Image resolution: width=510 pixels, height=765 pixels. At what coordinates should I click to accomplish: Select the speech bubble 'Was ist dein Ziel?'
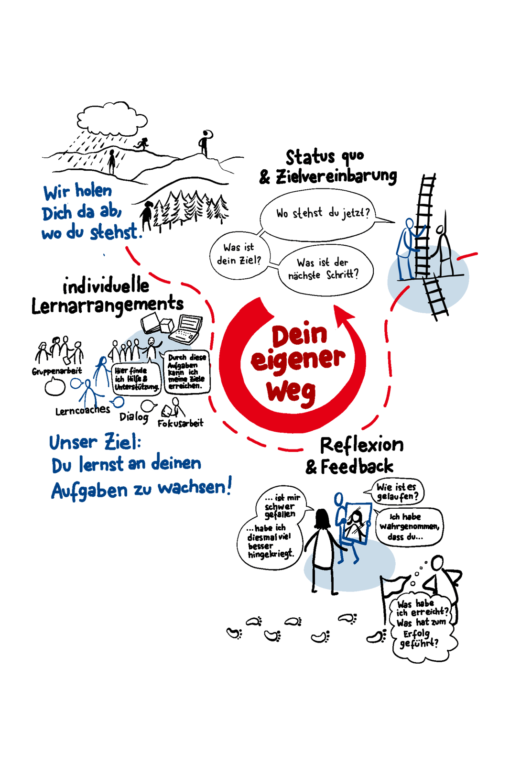click(239, 254)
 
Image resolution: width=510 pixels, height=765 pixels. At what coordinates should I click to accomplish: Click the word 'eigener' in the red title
click(297, 360)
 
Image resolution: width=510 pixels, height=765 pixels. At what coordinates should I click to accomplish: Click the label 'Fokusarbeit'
click(181, 423)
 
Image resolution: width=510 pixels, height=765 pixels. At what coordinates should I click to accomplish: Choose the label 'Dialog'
click(133, 417)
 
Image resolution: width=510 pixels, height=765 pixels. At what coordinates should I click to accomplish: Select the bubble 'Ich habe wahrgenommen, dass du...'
click(409, 526)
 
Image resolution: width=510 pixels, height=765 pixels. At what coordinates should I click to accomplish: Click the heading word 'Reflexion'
click(362, 445)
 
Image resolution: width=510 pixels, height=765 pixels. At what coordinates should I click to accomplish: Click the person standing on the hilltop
click(205, 142)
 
